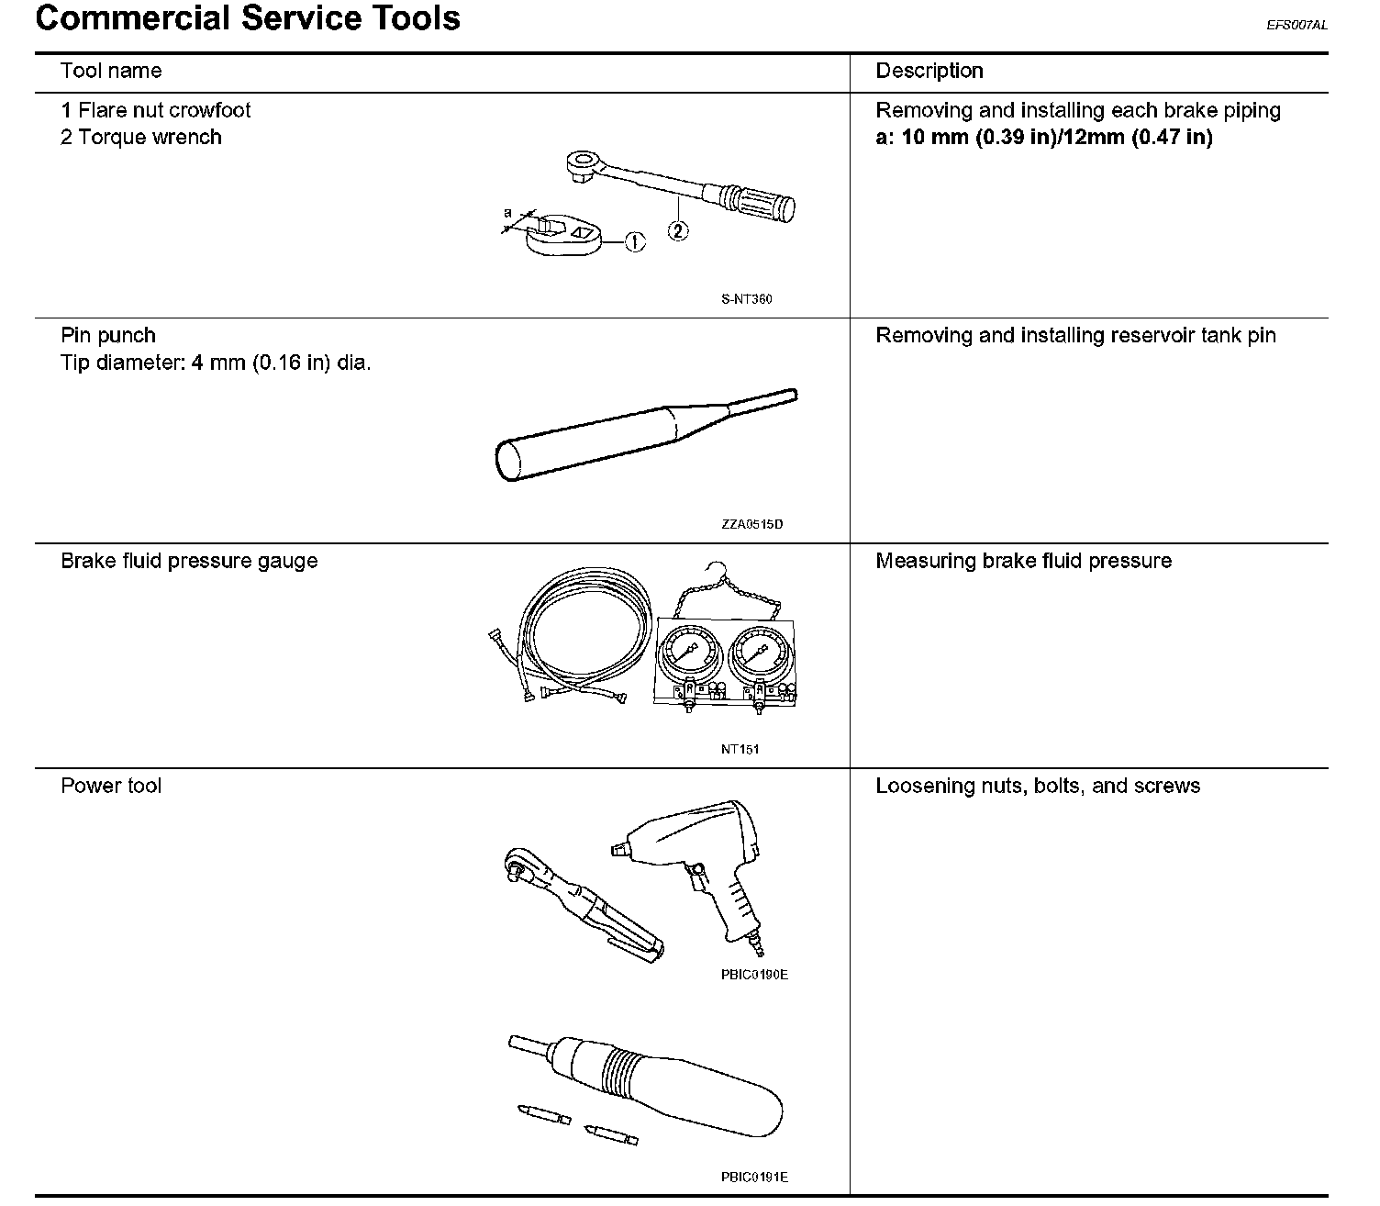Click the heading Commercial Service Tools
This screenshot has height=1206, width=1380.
pyautogui.click(x=248, y=18)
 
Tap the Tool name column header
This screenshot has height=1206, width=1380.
pyautogui.click(x=111, y=72)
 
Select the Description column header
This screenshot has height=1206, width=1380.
pyautogui.click(x=929, y=72)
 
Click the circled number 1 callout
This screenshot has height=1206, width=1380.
pyautogui.click(x=635, y=242)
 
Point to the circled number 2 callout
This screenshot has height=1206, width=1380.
pyautogui.click(x=677, y=231)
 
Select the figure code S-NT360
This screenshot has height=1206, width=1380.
pyautogui.click(x=746, y=299)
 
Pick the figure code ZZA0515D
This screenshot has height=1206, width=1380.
pyautogui.click(x=751, y=525)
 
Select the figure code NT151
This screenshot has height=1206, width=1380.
pyautogui.click(x=740, y=749)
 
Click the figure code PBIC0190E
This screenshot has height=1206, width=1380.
pyautogui.click(x=754, y=975)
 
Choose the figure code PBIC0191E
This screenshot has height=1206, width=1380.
pyautogui.click(x=754, y=1177)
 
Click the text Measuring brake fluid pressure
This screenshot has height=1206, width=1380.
pyautogui.click(x=1023, y=561)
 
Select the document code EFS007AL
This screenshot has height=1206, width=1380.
pyautogui.click(x=1297, y=26)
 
